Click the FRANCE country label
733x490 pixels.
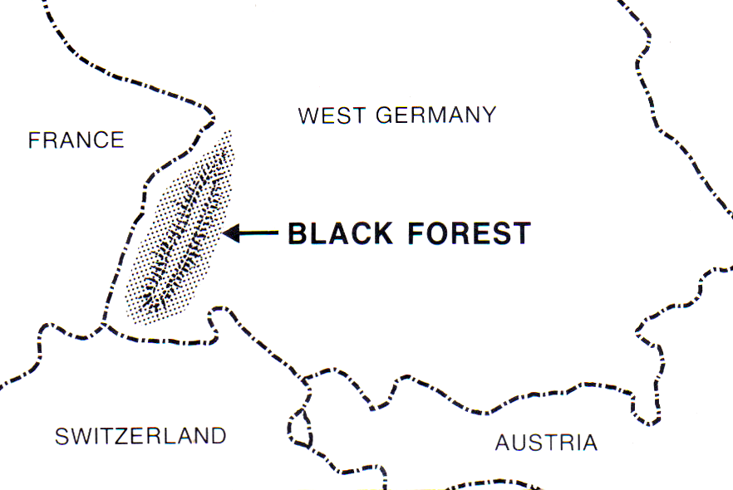(76, 140)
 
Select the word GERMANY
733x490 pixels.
(436, 115)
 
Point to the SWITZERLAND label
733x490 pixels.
(140, 435)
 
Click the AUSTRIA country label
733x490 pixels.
(546, 443)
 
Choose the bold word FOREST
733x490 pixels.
(470, 234)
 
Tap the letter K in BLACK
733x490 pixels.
(381, 234)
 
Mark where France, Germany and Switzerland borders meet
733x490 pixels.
(106, 325)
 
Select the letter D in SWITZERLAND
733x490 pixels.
(217, 435)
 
